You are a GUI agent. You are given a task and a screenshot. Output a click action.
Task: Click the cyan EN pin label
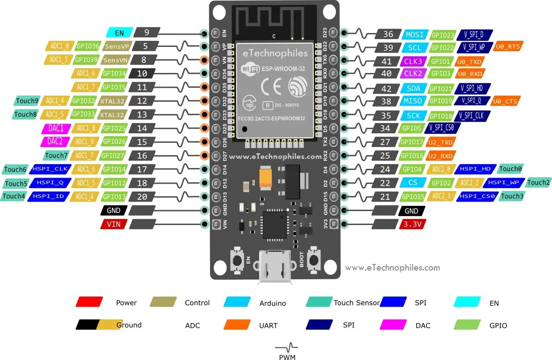pos(119,32)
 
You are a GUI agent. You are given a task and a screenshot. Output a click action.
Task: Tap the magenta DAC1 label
pos(56,129)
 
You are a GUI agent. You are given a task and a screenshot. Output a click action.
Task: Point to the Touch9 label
pos(27,101)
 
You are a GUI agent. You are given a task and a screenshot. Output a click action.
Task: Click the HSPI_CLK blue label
pos(48,169)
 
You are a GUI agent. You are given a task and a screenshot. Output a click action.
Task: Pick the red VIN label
pos(114,224)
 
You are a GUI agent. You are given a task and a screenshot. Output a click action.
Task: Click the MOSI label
pos(414,34)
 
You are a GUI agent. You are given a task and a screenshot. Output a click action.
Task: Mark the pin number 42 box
pos(387,89)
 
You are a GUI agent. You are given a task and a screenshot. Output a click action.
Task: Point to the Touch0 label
pos(510,169)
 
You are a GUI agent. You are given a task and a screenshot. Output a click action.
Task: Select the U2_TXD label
pos(441,142)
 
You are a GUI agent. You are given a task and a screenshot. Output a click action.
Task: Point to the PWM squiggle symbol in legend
pos(286,347)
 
